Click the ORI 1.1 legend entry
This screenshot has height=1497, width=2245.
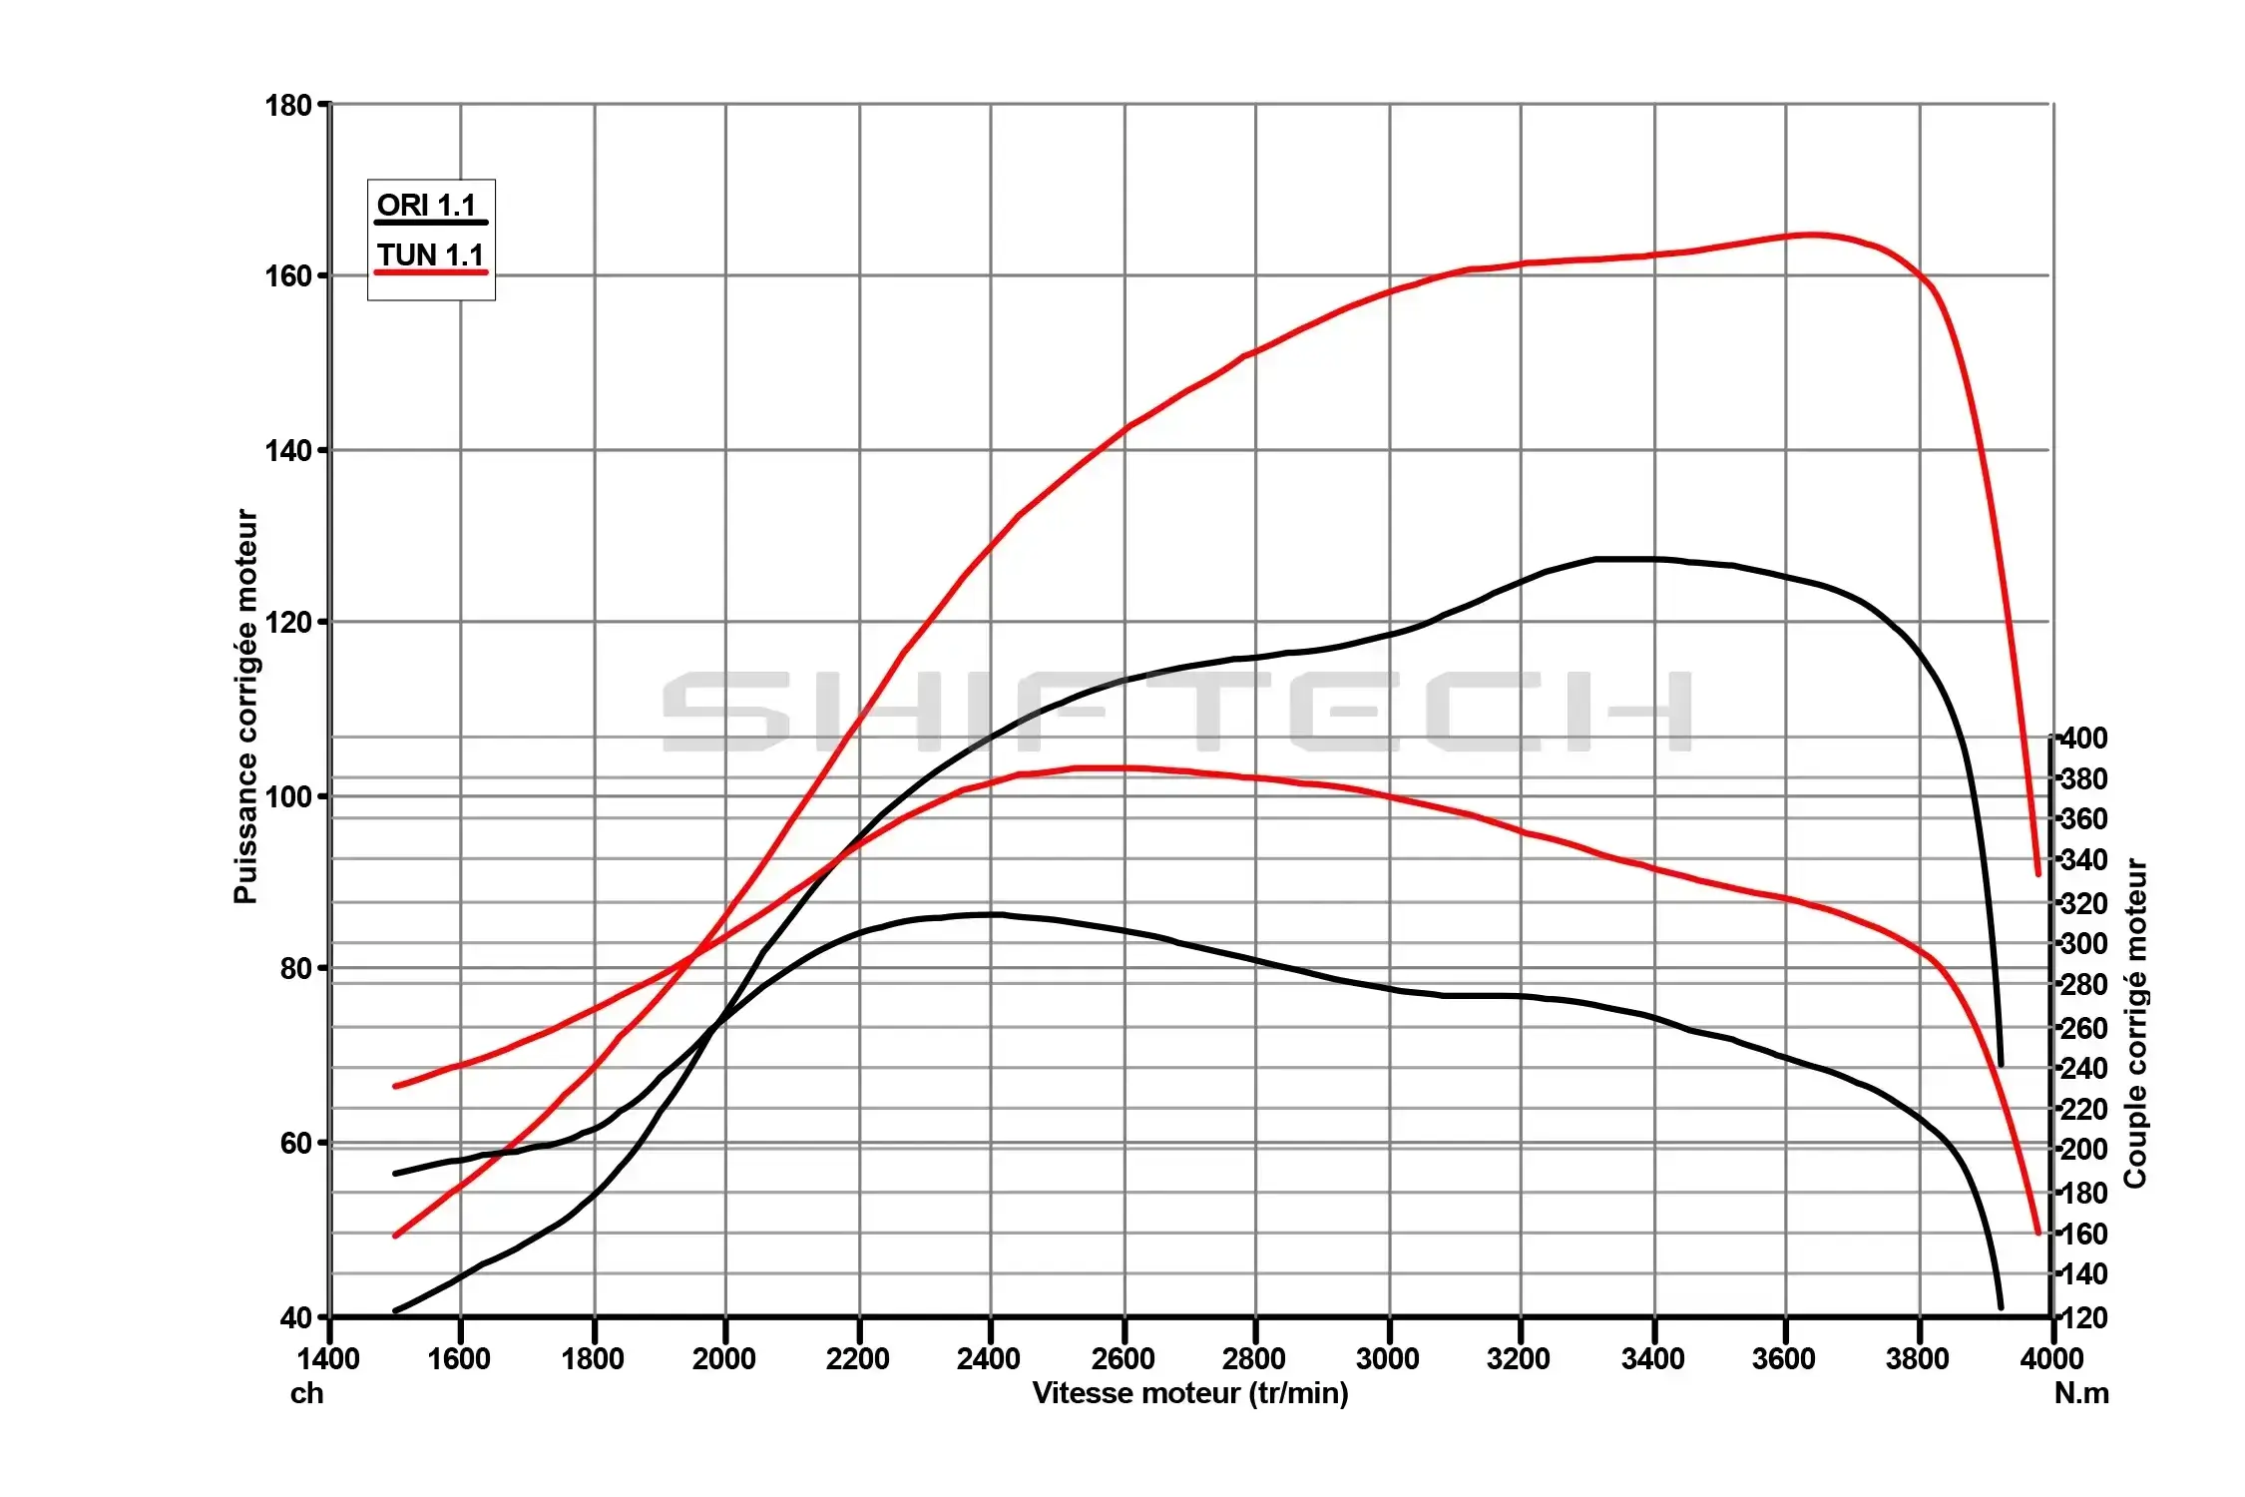(427, 207)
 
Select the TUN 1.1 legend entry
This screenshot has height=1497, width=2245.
(430, 256)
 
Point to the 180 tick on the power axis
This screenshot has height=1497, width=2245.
(288, 105)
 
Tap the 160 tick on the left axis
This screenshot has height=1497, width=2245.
(288, 276)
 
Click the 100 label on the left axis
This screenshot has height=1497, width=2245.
(288, 796)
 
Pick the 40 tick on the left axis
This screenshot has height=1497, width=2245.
(296, 1317)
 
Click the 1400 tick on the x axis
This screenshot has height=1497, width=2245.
(328, 1358)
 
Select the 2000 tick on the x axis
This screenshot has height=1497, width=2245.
(724, 1358)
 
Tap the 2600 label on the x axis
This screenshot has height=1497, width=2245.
(1122, 1358)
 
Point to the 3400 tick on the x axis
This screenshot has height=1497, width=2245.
(1652, 1358)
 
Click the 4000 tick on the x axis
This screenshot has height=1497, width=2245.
(2051, 1358)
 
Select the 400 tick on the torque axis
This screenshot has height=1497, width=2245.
(2084, 739)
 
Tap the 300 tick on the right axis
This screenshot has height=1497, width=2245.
(2084, 943)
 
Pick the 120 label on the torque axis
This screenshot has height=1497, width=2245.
(2084, 1317)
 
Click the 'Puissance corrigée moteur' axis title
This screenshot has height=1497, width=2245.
(245, 707)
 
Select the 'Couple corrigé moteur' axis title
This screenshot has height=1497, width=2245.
(2135, 1023)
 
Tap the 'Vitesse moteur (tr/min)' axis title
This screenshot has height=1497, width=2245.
(1189, 1393)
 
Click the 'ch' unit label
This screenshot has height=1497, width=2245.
(306, 1393)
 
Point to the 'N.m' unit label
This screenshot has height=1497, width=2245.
(2081, 1393)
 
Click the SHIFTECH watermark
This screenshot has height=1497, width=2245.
(1177, 712)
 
